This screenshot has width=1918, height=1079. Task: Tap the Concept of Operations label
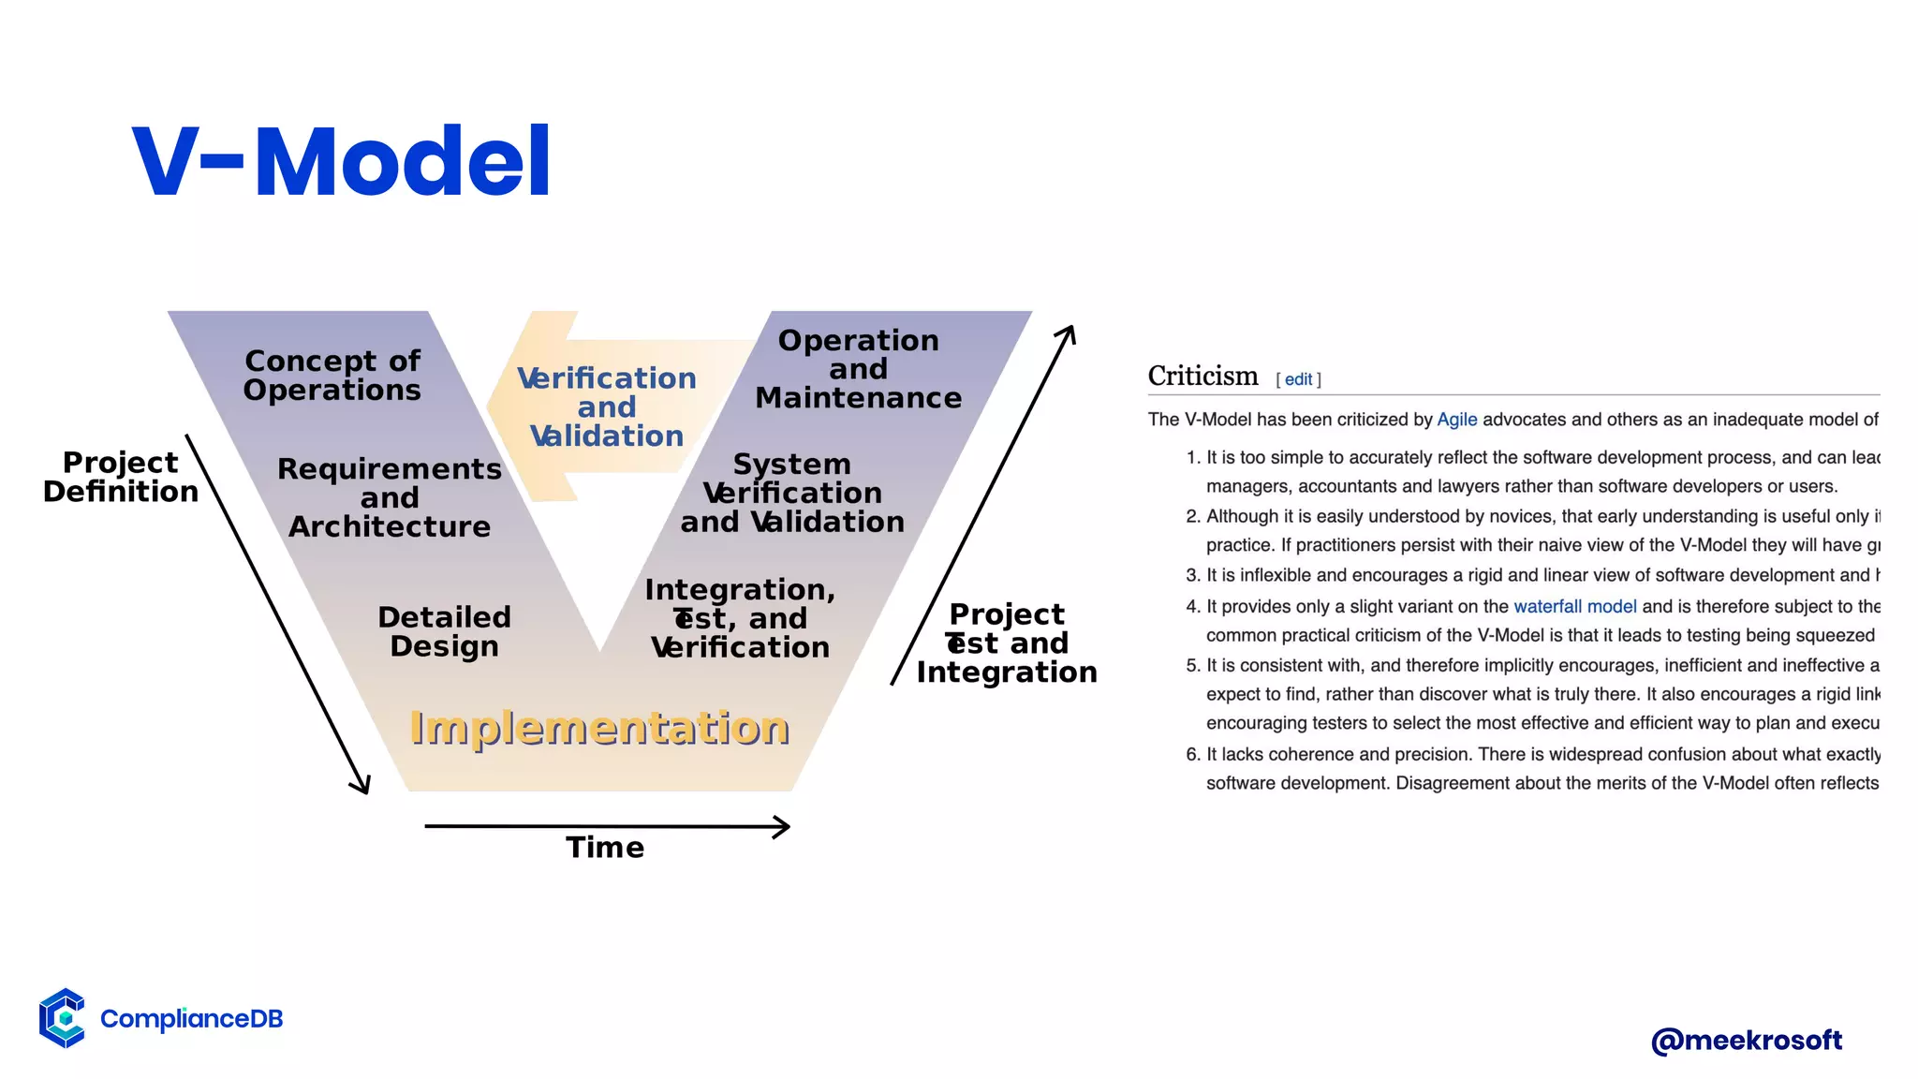[332, 375]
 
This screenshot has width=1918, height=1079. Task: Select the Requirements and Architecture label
[390, 497]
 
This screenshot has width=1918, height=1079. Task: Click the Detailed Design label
[444, 631]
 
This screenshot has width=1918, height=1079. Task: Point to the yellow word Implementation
[599, 728]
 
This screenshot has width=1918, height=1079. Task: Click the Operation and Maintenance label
[858, 369]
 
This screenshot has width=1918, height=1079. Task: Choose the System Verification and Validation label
[792, 493]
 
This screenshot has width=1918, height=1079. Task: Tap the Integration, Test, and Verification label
[740, 618]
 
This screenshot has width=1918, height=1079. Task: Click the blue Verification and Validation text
[607, 406]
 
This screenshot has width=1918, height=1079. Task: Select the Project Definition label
[120, 477]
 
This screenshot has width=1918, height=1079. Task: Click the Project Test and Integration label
[1007, 643]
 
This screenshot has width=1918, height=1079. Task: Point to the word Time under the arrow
[605, 848]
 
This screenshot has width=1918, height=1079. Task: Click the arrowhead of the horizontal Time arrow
[783, 827]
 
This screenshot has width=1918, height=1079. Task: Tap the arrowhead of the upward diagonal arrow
[1068, 333]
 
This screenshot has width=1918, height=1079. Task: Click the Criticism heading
[1202, 376]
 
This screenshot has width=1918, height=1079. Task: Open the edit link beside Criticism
[1298, 379]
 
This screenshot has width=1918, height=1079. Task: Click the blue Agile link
[1456, 420]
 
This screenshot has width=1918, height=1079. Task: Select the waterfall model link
[1574, 606]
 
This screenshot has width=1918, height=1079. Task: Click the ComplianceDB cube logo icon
[63, 1017]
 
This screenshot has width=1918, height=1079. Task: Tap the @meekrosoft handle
[1747, 1041]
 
